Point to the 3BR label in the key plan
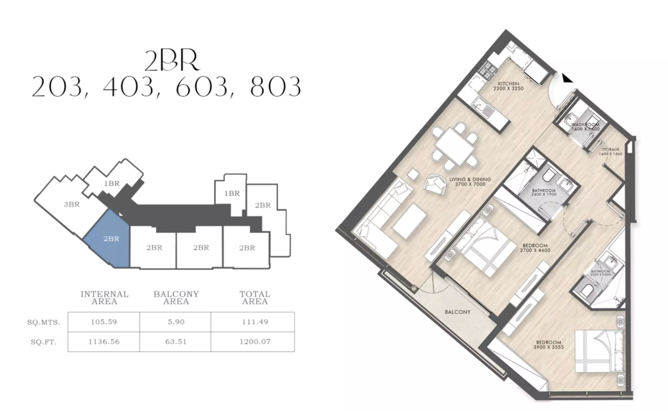pyautogui.click(x=71, y=204)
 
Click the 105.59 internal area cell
pyautogui.click(x=104, y=322)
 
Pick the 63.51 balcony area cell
pyautogui.click(x=175, y=341)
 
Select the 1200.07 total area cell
pyautogui.click(x=253, y=341)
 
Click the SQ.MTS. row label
pyautogui.click(x=44, y=322)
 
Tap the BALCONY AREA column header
pyautogui.click(x=176, y=298)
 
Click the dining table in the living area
pyautogui.click(x=454, y=145)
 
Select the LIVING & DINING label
pyautogui.click(x=467, y=182)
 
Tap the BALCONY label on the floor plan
pyautogui.click(x=458, y=312)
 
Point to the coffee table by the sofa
pyautogui.click(x=410, y=220)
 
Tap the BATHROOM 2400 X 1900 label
pyautogui.click(x=543, y=193)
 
